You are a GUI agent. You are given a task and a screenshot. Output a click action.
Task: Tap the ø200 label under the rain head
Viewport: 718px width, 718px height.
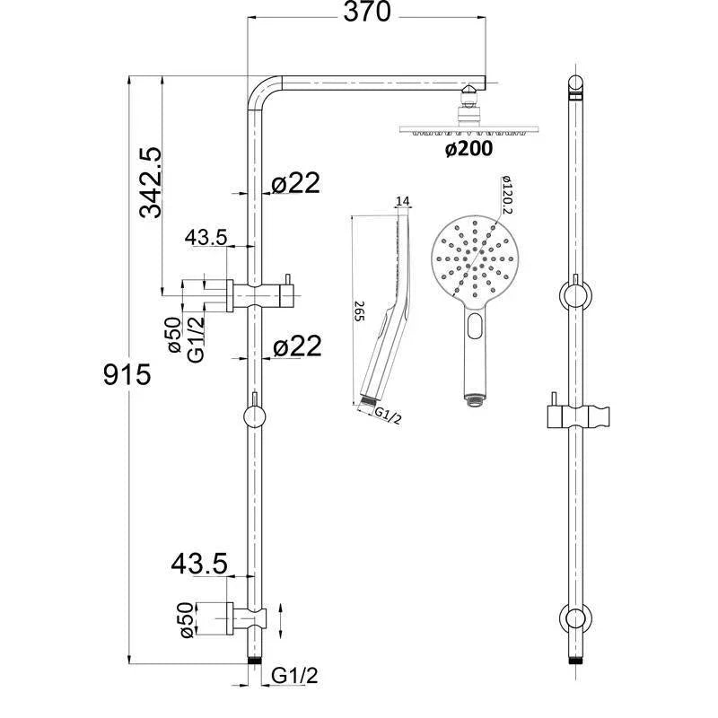468,149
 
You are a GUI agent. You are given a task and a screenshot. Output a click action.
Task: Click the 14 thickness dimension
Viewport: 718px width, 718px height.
401,202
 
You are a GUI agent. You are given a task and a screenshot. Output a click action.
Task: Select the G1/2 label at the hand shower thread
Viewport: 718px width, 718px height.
388,415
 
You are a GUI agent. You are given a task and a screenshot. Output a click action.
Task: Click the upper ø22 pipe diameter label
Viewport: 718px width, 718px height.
294,183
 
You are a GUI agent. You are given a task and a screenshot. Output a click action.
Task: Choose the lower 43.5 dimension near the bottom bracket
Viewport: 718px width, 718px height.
199,564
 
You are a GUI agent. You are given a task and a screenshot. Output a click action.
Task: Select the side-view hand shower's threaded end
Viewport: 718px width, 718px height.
366,403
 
